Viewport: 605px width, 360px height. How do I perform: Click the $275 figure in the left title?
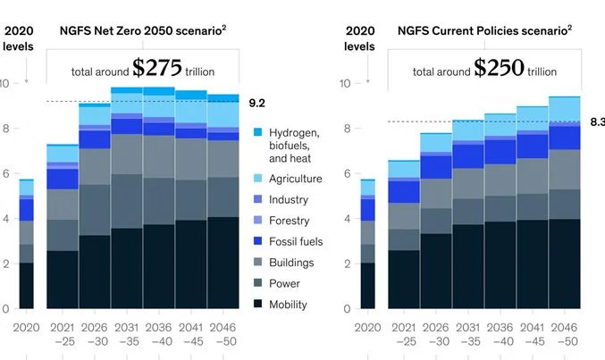[156, 68]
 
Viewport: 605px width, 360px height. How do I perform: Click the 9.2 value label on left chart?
[256, 103]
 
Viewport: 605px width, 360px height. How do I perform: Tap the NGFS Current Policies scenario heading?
[484, 30]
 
